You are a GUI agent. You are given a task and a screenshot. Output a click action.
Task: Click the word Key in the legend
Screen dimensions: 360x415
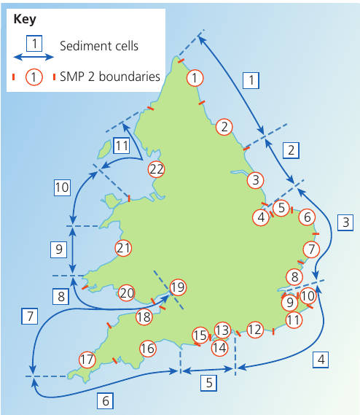click(25, 20)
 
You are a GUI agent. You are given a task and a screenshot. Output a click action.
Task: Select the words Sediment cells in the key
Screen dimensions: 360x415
click(99, 46)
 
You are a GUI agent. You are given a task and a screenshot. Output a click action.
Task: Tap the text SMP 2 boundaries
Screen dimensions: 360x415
click(110, 77)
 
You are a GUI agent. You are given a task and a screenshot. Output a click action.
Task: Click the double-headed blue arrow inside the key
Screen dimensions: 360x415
click(34, 57)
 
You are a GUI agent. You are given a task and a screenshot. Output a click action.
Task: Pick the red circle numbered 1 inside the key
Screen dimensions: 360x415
click(34, 77)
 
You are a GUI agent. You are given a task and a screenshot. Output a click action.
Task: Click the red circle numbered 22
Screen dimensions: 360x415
click(157, 169)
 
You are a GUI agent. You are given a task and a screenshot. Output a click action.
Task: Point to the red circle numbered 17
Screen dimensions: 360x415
click(87, 360)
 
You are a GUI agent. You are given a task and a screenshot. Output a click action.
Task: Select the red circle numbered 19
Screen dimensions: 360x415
click(178, 287)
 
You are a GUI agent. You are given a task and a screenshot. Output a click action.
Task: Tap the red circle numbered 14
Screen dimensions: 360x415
click(220, 348)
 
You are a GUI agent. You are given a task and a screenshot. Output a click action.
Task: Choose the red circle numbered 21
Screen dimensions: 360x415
click(123, 248)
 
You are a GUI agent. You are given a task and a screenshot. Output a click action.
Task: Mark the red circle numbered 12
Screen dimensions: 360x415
click(255, 330)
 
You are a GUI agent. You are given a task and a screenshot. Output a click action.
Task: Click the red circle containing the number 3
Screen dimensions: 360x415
click(256, 180)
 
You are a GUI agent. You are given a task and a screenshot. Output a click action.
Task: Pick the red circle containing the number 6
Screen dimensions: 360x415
click(307, 217)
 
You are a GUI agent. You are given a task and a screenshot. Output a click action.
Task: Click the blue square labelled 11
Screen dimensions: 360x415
click(122, 146)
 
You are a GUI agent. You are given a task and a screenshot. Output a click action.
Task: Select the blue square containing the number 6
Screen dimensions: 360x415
click(105, 400)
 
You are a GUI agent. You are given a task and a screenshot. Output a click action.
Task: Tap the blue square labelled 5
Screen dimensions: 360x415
click(209, 383)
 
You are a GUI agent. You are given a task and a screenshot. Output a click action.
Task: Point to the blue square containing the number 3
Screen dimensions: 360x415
click(345, 222)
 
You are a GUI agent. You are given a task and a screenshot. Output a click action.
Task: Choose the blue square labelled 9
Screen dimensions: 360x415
click(59, 249)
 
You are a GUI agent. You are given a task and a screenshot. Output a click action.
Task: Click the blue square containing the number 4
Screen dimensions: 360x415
click(321, 360)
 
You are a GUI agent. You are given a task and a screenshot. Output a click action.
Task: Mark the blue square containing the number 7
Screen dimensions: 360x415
click(30, 316)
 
